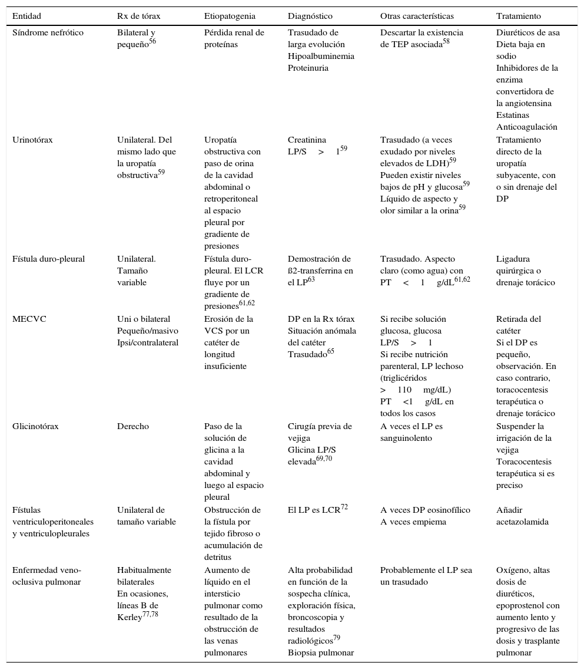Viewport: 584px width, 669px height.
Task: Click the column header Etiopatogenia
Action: (x=230, y=16)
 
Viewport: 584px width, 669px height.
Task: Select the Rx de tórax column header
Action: (x=138, y=16)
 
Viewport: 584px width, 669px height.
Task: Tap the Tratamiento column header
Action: (x=518, y=16)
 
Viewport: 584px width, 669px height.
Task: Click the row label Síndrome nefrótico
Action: (x=48, y=32)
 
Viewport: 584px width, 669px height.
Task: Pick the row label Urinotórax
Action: (x=33, y=140)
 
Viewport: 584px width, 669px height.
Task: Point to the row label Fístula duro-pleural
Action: (x=48, y=259)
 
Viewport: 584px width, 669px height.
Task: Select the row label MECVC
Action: (x=29, y=319)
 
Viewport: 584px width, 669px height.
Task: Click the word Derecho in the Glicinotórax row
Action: (x=133, y=426)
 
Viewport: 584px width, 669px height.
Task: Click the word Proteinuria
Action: (x=308, y=68)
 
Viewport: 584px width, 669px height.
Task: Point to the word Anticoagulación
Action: (x=526, y=127)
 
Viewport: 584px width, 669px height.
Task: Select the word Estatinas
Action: (x=513, y=115)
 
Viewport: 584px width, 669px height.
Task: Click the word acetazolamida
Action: (x=522, y=522)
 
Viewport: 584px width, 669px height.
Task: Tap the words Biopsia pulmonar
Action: (x=320, y=652)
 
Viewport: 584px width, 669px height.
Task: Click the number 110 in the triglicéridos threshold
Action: (x=404, y=390)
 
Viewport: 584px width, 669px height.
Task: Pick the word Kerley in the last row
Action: (x=130, y=617)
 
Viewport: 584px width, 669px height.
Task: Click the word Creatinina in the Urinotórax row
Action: (x=307, y=140)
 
